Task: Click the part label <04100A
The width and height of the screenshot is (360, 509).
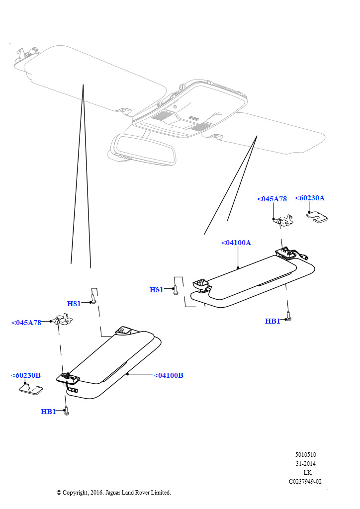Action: (236, 243)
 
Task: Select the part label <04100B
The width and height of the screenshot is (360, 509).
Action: (168, 375)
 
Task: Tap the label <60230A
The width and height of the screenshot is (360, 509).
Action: (309, 198)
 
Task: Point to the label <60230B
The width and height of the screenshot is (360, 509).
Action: (26, 375)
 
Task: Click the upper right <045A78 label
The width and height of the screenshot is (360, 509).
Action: (271, 199)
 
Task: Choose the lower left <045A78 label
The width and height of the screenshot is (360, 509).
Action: (26, 323)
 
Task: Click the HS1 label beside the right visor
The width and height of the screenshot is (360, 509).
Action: (156, 290)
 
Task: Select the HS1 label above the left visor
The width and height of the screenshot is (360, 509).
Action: (74, 304)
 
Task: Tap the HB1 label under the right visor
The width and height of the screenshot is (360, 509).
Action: (272, 321)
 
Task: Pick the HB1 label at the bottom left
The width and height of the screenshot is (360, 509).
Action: (48, 412)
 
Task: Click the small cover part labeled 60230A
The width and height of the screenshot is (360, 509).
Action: (317, 218)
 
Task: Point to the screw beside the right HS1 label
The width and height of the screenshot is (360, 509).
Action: (176, 291)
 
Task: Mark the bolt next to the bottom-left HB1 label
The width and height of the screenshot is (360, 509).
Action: (67, 411)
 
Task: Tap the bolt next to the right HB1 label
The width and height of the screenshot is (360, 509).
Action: (288, 315)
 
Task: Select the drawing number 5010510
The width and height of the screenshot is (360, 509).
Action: (305, 454)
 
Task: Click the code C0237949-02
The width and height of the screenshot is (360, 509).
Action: (305, 481)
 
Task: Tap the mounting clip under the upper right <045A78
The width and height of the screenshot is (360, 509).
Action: (283, 221)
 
